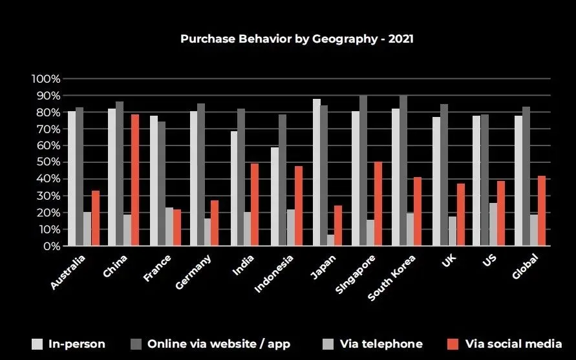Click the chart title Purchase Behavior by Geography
tap(297, 39)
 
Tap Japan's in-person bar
tap(316, 172)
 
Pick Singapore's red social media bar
tap(378, 204)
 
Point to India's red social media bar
tap(255, 204)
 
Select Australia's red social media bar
tap(95, 218)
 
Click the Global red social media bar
tap(542, 211)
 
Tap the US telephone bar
tap(493, 224)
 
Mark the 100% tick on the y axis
tap(45, 79)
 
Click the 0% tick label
tap(50, 246)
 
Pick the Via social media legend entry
tap(505, 344)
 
